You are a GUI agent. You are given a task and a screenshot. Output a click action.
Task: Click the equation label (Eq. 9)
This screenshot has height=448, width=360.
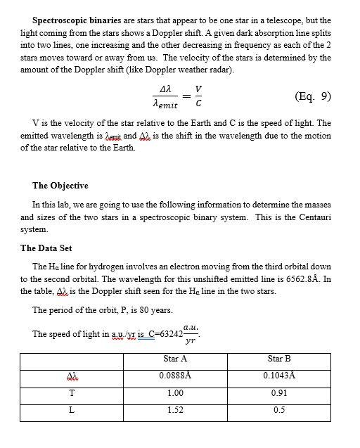(309, 96)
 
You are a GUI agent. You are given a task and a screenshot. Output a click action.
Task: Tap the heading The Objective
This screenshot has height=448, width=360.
(60, 186)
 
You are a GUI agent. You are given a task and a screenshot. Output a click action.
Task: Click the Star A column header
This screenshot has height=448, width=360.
(174, 358)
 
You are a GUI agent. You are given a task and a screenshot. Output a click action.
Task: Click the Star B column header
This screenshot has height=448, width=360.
(279, 358)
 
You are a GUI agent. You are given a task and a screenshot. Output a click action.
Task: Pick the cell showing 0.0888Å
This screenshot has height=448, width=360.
(175, 375)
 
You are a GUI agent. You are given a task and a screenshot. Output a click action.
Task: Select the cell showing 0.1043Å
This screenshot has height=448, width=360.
(279, 375)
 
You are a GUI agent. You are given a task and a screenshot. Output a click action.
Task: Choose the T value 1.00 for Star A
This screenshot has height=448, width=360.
(175, 392)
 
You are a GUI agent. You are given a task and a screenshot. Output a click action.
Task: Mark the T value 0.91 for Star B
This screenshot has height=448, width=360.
(279, 392)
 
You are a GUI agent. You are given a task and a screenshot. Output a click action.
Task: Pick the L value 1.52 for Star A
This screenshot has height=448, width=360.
(175, 409)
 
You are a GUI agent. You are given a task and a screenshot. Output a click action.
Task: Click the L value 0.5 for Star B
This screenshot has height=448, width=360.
(279, 409)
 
